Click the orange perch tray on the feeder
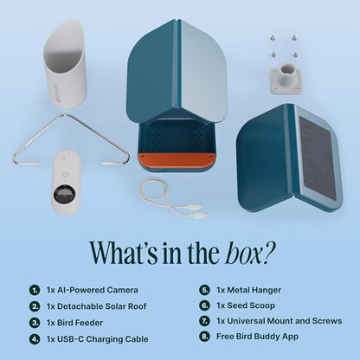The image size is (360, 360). (x=176, y=160)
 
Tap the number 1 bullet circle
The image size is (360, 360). (x=34, y=290)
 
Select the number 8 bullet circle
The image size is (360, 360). (x=204, y=337)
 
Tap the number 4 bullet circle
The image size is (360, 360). (x=34, y=337)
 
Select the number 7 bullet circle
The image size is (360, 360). (x=204, y=321)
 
